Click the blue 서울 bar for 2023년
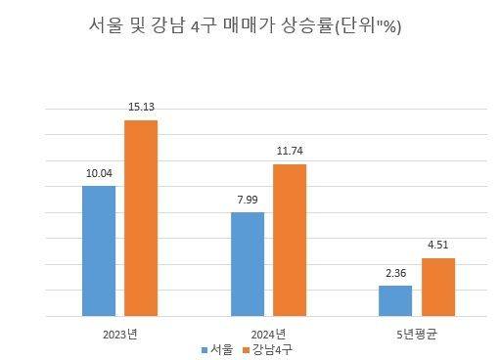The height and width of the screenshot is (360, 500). coord(99,250)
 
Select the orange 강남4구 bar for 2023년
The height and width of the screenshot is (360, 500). coord(141,218)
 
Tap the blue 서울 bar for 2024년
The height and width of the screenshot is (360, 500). coord(248,264)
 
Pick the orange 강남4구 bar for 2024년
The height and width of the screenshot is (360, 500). coord(290,240)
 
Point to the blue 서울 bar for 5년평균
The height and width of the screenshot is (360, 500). coord(396,300)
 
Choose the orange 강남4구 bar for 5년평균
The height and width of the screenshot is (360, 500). coord(438,287)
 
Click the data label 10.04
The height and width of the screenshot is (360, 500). coord(99,174)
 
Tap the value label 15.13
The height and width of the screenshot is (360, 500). coord(141,109)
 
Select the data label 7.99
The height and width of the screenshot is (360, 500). coord(248,201)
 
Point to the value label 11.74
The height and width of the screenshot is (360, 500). coord(290,153)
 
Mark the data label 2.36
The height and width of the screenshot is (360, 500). coord(396,274)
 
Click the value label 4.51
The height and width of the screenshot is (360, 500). coord(438,247)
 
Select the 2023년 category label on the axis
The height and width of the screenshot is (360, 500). coord(119,334)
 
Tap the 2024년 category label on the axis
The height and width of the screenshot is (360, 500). coord(269,334)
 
